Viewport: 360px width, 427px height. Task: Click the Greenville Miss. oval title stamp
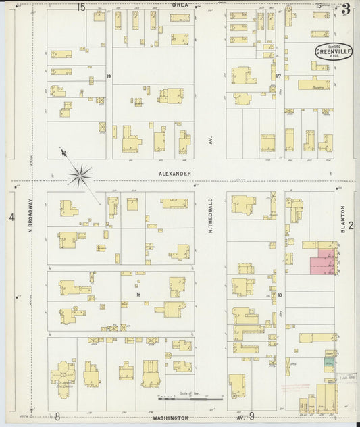tap(333, 52)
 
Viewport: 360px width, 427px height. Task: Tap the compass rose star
tap(80, 176)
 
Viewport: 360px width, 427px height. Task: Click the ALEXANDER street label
tap(175, 174)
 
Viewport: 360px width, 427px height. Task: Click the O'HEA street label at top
tap(180, 5)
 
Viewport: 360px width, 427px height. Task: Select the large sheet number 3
tap(346, 9)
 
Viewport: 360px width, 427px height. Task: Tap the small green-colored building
tap(329, 363)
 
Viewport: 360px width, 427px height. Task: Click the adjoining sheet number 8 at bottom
tap(57, 417)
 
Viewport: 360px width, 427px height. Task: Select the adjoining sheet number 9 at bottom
tap(251, 416)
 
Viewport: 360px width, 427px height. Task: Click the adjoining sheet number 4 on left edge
tap(11, 217)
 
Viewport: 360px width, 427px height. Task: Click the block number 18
tap(138, 295)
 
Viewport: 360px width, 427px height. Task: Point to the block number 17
tap(278, 76)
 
